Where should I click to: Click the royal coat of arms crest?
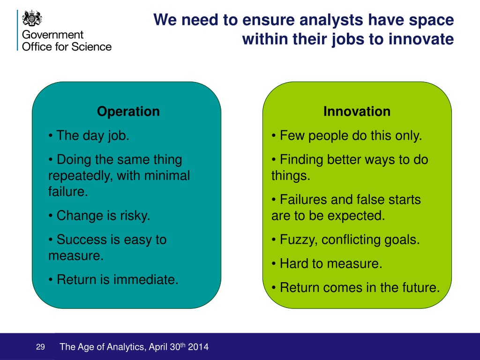point(32,18)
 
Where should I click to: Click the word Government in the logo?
point(52,35)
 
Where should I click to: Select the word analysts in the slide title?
point(331,20)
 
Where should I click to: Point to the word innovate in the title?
point(421,39)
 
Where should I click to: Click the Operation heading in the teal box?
point(128,112)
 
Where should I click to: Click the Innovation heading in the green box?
point(357,112)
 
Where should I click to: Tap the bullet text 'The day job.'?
point(93,135)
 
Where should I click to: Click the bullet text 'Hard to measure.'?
point(331,263)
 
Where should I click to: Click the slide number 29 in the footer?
point(40,347)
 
